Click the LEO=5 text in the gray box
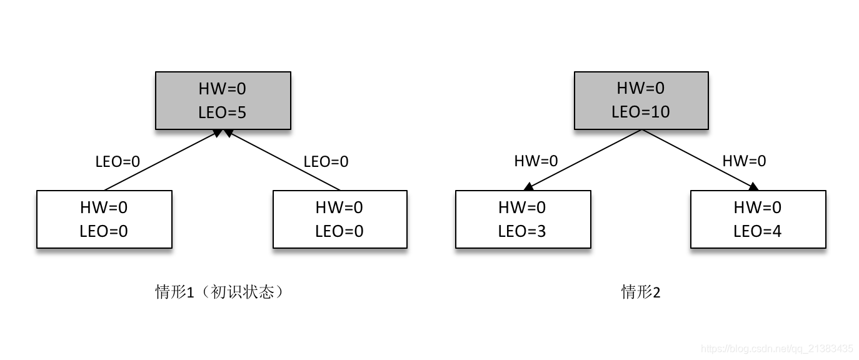[223, 112]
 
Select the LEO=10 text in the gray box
[641, 112]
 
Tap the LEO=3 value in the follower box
[522, 231]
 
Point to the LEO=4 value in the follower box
[757, 231]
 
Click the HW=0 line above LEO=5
[223, 89]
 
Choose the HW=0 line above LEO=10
[641, 88]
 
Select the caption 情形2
[641, 292]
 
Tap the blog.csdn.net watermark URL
[776, 349]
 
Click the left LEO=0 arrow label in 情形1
[118, 161]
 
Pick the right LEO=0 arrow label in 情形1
[326, 161]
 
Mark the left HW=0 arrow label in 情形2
[536, 161]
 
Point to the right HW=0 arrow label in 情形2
[744, 161]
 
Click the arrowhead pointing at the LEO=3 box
[529, 186]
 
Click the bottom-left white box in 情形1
[104, 219]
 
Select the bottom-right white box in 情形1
[339, 219]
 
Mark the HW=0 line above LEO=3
[522, 207]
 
